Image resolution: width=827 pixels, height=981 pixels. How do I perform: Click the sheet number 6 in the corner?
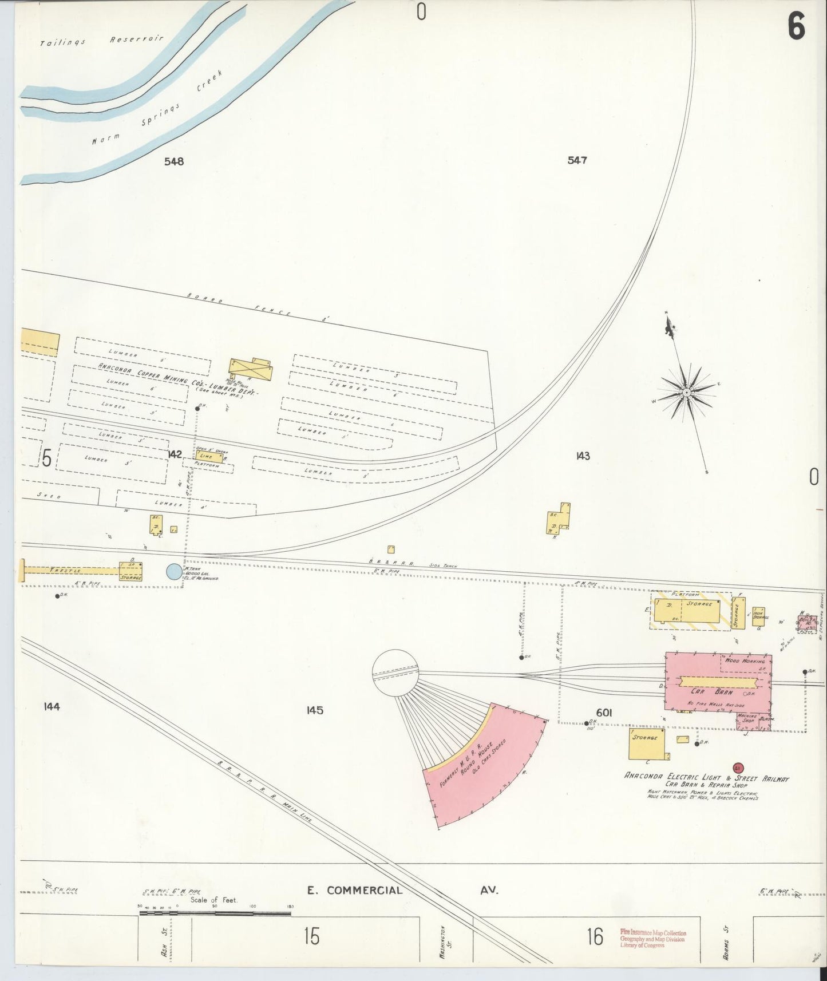click(x=796, y=26)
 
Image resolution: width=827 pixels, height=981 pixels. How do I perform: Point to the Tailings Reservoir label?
click(x=102, y=41)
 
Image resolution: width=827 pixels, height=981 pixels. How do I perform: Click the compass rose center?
click(x=686, y=393)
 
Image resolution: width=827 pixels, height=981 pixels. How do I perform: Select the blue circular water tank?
click(x=173, y=572)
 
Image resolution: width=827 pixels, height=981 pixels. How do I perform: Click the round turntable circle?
click(x=395, y=673)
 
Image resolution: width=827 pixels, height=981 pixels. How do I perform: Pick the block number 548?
click(x=174, y=161)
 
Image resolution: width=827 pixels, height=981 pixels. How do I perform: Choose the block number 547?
click(x=577, y=161)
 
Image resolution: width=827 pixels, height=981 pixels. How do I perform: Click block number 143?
click(x=583, y=456)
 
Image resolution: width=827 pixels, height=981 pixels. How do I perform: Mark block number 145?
click(x=315, y=710)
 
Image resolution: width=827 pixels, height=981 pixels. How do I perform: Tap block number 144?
click(x=52, y=707)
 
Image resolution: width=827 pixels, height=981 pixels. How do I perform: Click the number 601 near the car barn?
click(x=604, y=713)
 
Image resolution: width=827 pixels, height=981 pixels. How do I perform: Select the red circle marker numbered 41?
click(x=737, y=768)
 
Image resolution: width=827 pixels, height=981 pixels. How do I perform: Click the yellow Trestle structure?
click(x=69, y=571)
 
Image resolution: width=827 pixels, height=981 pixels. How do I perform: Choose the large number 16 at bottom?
click(x=595, y=937)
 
